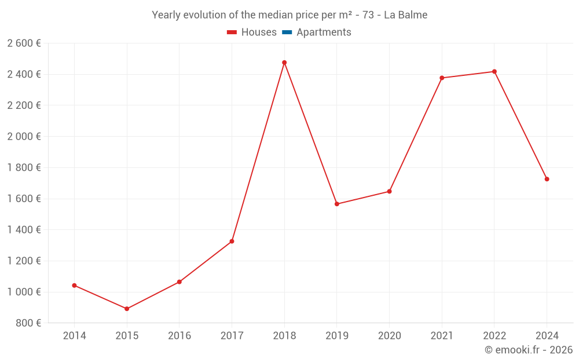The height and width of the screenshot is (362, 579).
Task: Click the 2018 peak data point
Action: tap(284, 63)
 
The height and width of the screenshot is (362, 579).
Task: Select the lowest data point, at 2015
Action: tap(127, 309)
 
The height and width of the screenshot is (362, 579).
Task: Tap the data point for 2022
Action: tap(494, 72)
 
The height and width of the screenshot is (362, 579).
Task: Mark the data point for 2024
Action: tap(547, 179)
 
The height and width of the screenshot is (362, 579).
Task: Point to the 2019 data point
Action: tap(337, 204)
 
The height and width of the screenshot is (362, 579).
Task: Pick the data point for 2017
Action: tap(232, 241)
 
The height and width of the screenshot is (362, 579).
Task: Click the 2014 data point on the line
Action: tap(74, 286)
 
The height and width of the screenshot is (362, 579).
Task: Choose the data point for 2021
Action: tap(442, 78)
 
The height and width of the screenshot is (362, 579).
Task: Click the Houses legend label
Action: tap(259, 32)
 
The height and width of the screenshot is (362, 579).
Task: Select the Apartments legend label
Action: tap(324, 32)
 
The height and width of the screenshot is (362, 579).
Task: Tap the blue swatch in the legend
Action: tap(287, 32)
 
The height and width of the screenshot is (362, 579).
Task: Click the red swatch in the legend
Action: tap(232, 32)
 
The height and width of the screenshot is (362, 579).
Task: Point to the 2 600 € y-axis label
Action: tap(24, 43)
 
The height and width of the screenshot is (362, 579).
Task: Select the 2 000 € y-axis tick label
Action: tap(24, 137)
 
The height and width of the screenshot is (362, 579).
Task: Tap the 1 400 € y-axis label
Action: tap(24, 230)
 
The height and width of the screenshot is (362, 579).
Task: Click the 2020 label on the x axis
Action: tap(389, 336)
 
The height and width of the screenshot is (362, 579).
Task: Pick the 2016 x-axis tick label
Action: tap(179, 336)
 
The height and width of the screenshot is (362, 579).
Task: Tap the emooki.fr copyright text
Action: tap(529, 350)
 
